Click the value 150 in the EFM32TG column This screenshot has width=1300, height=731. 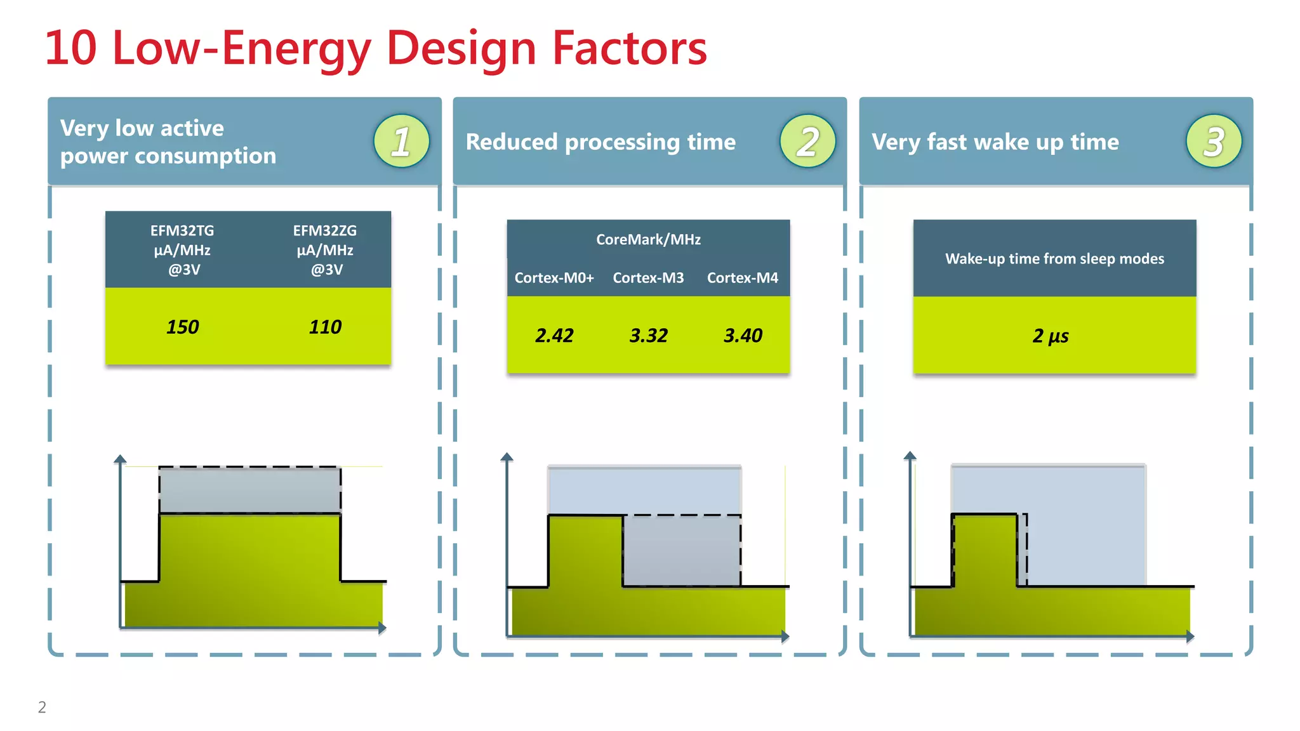pos(183,327)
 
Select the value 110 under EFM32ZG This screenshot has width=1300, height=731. pos(325,327)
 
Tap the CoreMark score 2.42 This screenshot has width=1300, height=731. pos(554,335)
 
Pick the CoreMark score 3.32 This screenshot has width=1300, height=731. pos(648,335)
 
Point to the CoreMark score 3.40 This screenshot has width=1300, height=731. pos(743,335)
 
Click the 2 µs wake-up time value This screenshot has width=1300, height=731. pos(1051,336)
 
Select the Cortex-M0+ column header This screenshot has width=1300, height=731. pos(554,278)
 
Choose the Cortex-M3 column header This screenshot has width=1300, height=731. pos(648,278)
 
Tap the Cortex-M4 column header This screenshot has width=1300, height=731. pos(743,278)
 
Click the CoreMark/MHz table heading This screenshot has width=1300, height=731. pos(648,239)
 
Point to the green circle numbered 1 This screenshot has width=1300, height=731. pos(401,141)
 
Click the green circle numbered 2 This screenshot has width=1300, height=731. pos(807,141)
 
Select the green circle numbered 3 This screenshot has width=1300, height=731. pos(1214,141)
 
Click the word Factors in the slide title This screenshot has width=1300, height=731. pos(629,48)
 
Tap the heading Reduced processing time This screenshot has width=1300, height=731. pos(600,142)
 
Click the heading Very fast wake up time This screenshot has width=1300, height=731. pos(995,142)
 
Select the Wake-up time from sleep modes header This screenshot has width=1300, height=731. pos(1054,259)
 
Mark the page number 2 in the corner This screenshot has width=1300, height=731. pos(42,707)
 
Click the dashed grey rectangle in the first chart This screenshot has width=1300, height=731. pos(249,490)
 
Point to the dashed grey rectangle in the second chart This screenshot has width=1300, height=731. pos(682,550)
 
